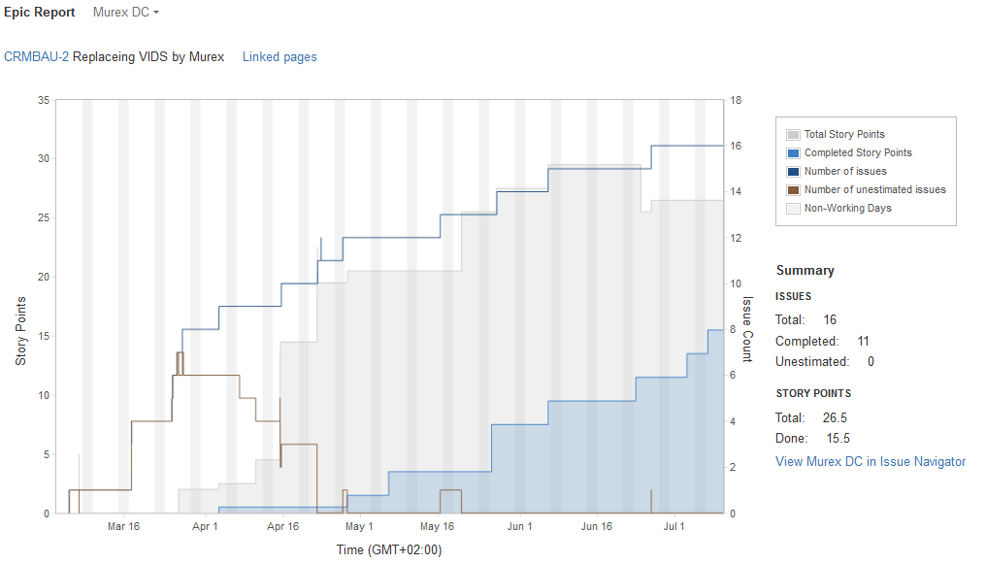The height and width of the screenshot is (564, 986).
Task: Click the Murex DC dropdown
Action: click(126, 13)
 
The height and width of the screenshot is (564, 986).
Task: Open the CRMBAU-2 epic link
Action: click(36, 56)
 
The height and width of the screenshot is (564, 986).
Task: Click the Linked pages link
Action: click(279, 56)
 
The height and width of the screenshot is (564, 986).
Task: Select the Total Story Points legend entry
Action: click(843, 135)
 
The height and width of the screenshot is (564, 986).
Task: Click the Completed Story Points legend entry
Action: click(857, 153)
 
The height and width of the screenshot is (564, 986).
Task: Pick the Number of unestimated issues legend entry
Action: click(873, 190)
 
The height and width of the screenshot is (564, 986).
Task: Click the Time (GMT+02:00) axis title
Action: click(389, 549)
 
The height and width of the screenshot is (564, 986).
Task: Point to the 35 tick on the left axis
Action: click(44, 100)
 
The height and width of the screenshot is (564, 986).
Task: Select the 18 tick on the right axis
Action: click(736, 100)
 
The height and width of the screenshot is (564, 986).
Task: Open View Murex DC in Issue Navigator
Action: click(871, 461)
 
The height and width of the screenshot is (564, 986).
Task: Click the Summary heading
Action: click(805, 271)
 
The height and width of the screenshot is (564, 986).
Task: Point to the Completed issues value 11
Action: click(863, 342)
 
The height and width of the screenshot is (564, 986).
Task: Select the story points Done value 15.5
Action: click(838, 439)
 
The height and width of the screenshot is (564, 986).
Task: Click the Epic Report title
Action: click(39, 13)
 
